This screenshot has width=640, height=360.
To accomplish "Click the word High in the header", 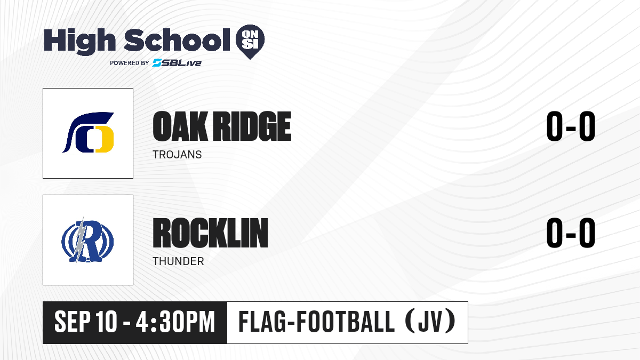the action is click(80, 42).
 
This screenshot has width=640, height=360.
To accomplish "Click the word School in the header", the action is click(177, 40).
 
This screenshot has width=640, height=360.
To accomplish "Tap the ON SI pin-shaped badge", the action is click(250, 42).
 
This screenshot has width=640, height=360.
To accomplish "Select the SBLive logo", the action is click(177, 63).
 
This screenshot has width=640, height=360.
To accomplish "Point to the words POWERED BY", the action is click(130, 63).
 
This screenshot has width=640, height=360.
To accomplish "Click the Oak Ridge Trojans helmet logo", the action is click(88, 132).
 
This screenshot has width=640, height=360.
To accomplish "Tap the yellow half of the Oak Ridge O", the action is click(105, 139).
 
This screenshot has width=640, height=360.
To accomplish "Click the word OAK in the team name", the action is click(180, 126).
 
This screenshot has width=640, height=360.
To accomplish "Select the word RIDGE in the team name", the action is click(253, 126).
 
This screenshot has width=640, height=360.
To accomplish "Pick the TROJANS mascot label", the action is click(177, 155).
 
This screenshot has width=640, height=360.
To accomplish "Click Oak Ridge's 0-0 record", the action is click(571, 126).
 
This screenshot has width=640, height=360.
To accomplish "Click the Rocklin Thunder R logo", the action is click(87, 241).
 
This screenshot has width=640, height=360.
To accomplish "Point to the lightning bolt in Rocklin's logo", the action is click(81, 241).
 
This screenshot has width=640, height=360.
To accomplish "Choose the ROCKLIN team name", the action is click(210, 233).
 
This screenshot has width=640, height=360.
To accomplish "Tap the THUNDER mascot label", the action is click(178, 261).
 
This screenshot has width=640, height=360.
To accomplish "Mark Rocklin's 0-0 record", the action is click(571, 233).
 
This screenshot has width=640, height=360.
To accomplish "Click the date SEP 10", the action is click(86, 322).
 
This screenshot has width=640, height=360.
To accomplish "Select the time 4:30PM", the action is click(175, 322).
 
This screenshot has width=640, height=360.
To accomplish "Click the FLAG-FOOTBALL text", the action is click(317, 322).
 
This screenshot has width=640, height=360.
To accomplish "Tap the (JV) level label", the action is click(431, 322).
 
